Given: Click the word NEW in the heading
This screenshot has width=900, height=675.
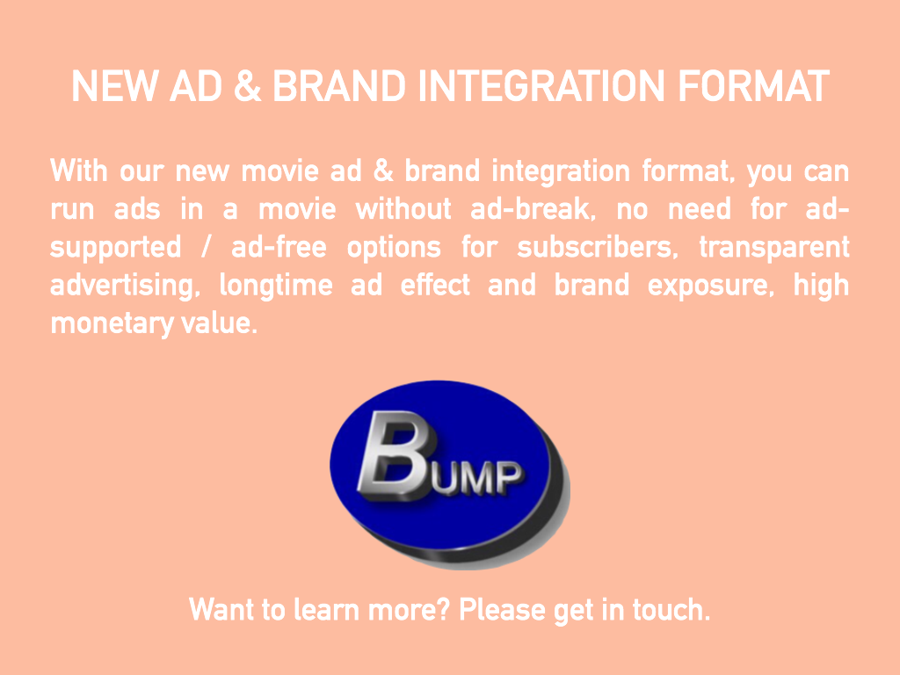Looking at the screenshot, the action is (114, 86).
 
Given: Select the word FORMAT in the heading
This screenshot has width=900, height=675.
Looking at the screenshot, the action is (753, 86).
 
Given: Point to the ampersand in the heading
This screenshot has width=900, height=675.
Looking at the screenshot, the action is (247, 86).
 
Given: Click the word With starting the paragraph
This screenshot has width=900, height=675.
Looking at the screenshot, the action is (78, 171).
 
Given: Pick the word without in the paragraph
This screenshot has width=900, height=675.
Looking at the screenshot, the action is (403, 208).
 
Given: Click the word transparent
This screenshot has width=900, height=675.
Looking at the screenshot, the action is (773, 248).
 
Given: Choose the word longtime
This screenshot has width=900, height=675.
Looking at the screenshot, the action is (276, 286).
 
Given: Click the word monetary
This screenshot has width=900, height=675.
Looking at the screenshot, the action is (112, 323).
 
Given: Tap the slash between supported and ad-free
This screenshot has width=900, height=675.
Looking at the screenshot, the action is (206, 248).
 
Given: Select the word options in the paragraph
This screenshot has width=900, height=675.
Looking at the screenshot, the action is (394, 248).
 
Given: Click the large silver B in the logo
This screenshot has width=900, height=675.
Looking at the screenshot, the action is (393, 455).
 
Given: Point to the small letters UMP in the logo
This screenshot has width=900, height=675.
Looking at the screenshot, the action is (477, 478).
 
